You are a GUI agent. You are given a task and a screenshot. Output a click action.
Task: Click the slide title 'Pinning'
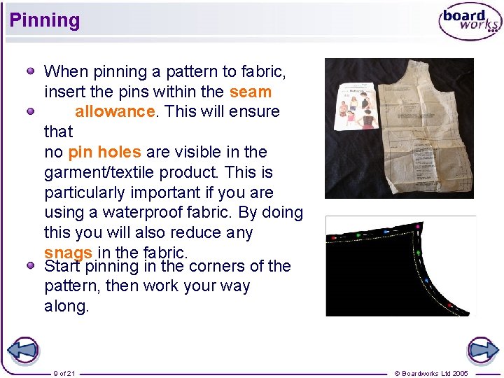tap(45, 20)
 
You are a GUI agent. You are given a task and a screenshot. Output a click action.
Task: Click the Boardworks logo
tap(470, 22)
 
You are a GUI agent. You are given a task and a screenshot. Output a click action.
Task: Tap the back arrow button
tap(22, 350)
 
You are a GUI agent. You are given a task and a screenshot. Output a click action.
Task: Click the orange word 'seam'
tap(250, 92)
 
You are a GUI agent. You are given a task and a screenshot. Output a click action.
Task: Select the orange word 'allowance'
tap(114, 112)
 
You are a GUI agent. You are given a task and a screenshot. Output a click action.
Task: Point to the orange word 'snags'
tap(68, 253)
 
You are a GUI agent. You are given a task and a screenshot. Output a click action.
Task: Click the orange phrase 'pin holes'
tap(105, 152)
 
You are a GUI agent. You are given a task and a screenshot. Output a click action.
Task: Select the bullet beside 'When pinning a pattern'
tap(31, 71)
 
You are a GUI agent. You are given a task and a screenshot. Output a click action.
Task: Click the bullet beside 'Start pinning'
tap(31, 266)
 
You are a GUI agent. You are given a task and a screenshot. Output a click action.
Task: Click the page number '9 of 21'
tap(64, 373)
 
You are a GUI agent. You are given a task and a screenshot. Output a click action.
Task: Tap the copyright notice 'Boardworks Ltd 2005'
tap(431, 373)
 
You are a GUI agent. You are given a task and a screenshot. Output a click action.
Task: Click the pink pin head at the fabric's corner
tap(418, 226)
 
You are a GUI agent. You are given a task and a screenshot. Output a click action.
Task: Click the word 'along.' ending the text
tap(66, 307)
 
